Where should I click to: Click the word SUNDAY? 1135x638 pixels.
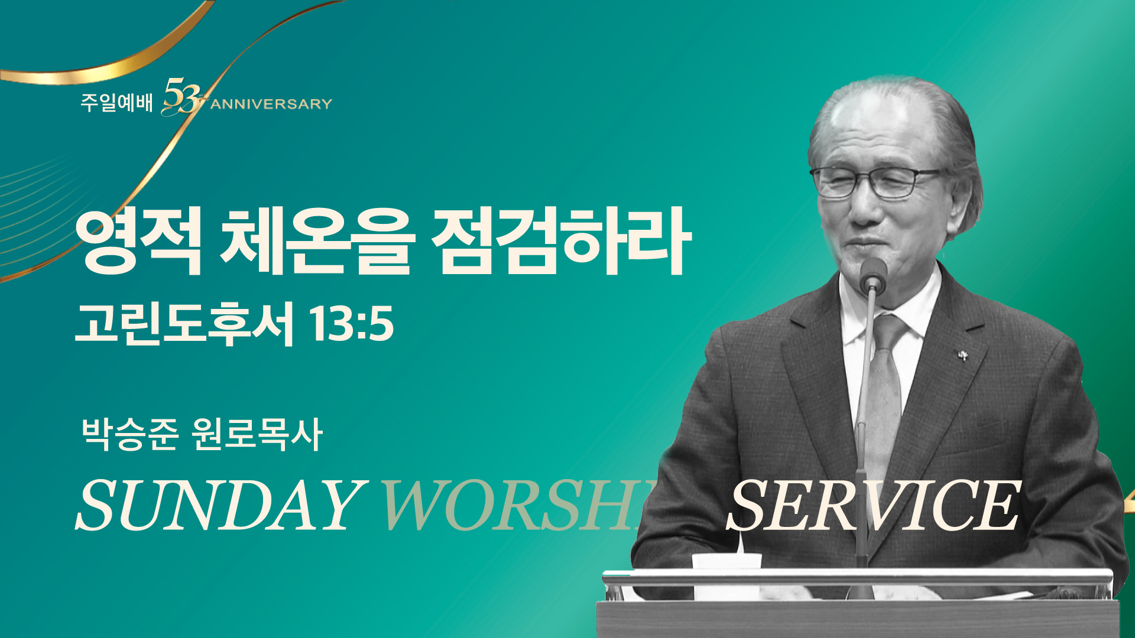pos(218,505)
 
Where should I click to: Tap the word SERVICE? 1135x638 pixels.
pos(874,505)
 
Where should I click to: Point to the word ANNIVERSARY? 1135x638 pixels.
pos(271,105)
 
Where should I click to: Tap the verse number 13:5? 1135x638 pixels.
pos(351,324)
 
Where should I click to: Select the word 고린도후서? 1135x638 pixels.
pos(184,324)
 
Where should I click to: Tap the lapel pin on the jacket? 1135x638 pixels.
pos(963,355)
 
